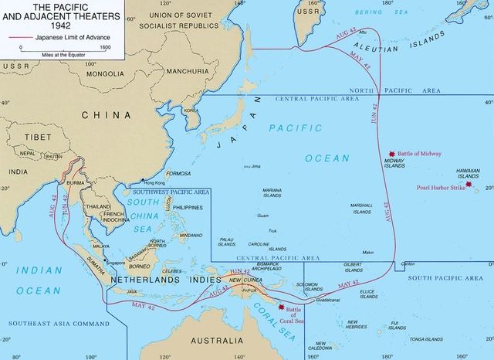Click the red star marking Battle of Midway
[392, 154]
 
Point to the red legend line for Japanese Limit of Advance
[14, 36]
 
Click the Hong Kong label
[144, 182]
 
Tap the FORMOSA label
[178, 173]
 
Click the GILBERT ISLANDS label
[354, 267]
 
